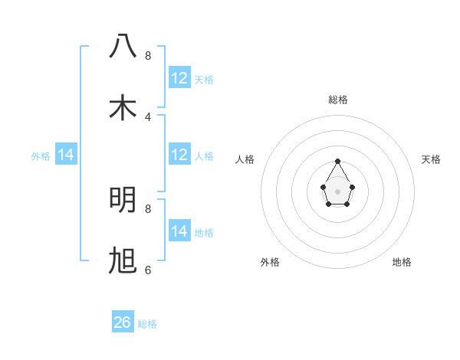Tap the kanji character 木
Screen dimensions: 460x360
[x=123, y=108]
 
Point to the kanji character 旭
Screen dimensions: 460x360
[x=123, y=261]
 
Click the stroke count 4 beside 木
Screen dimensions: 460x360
[x=148, y=116]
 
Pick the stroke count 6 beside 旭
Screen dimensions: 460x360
[x=148, y=270]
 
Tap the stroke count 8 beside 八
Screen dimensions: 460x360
[x=148, y=55]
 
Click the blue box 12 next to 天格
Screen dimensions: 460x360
[x=179, y=78]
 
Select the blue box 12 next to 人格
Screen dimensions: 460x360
[x=179, y=155]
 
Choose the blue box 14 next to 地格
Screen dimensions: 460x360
[x=179, y=231]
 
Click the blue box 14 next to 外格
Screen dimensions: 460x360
[x=66, y=155]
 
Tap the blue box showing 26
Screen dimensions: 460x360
[x=123, y=322]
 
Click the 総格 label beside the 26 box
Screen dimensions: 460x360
[x=147, y=324]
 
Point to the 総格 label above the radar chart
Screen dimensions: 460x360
[x=338, y=100]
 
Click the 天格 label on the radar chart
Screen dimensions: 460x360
[x=431, y=159]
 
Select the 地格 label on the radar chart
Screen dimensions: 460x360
[x=402, y=262]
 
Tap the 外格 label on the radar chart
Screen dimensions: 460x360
[x=270, y=262]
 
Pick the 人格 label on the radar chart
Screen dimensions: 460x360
[x=245, y=159]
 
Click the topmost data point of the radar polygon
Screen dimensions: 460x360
[x=338, y=161]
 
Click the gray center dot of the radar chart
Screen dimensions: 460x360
[x=338, y=190]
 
